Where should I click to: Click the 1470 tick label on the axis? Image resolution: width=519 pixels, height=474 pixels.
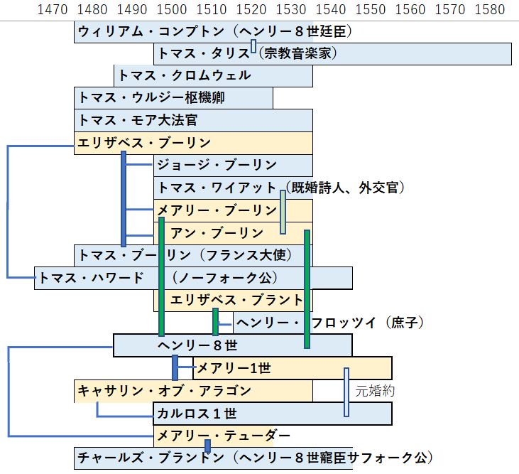[53, 10]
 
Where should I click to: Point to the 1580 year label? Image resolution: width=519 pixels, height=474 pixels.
[489, 10]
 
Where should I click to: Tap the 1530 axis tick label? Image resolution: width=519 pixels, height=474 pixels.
[290, 10]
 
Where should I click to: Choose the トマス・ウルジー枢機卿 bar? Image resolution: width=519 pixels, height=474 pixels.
[173, 98]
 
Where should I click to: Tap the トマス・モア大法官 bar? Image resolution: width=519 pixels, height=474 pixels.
[193, 120]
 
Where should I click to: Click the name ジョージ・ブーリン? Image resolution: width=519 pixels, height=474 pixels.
[217, 166]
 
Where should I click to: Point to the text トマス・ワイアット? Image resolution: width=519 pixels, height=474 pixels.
[217, 188]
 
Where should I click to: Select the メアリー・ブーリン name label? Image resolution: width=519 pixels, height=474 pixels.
[217, 210]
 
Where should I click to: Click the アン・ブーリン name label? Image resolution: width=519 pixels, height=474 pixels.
[217, 232]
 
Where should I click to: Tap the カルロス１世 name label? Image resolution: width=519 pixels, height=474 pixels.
[197, 413]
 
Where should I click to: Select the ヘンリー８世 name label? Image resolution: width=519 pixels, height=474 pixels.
[189, 345]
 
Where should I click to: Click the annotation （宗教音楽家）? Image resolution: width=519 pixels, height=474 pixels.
[297, 53]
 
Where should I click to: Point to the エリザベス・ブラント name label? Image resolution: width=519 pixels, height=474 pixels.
[237, 300]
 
